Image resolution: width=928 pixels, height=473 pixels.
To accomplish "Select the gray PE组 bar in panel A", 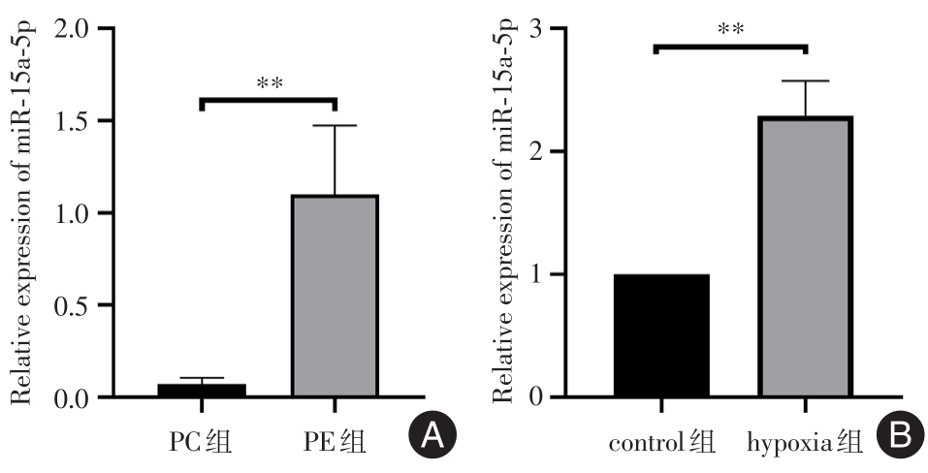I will pos(336,296).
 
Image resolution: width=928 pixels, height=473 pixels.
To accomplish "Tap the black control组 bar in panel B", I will pos(661,335).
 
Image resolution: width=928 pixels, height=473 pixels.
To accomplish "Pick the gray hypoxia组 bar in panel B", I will pos(806,257).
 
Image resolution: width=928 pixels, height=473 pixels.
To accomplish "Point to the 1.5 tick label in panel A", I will pos(78,121).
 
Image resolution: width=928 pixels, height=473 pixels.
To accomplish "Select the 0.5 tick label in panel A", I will pos(78,305).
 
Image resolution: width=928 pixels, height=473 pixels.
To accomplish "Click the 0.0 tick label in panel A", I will pos(78,397).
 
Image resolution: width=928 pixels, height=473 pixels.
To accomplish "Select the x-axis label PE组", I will pos(336,443).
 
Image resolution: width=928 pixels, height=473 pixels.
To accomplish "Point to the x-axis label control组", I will pos(662,445).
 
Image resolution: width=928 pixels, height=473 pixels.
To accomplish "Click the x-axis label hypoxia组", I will pos(806,445).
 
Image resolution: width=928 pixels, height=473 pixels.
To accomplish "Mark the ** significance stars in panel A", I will pos(270,83).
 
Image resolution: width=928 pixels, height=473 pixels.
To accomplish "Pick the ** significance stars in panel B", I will pos(731,29).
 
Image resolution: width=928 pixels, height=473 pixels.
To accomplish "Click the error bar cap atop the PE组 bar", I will pos(336,126).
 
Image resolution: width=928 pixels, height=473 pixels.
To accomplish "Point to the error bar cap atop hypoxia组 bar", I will pos(806,81).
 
